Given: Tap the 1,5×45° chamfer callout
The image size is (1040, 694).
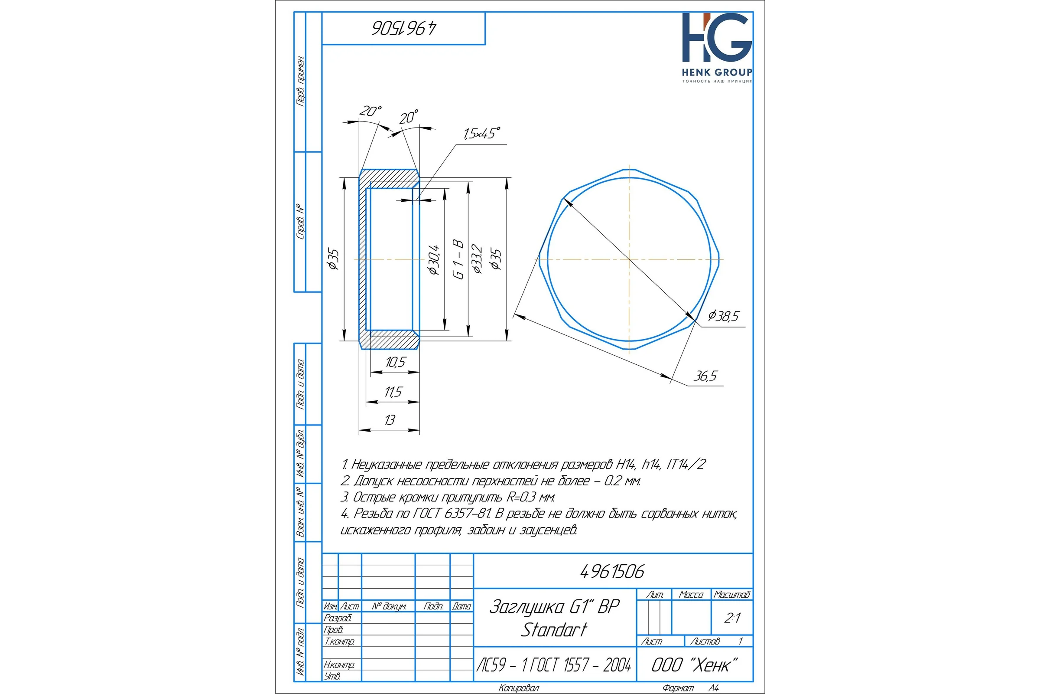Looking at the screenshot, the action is [481, 133].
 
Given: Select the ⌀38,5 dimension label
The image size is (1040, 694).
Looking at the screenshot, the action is [723, 316].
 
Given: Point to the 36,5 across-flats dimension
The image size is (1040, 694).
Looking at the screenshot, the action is [705, 376].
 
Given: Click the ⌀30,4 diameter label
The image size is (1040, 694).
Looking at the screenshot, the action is [434, 259].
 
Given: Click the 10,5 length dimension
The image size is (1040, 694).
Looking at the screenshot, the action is [395, 362].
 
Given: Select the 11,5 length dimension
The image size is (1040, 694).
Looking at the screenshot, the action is [393, 392].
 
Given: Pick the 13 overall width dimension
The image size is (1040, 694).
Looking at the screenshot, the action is [390, 419].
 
